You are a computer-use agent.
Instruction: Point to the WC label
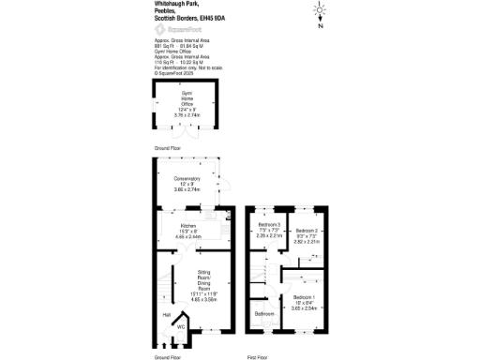point(182,326)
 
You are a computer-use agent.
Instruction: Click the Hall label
point(167,315)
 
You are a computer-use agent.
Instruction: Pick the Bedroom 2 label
point(307,231)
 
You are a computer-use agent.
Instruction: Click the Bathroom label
point(263,313)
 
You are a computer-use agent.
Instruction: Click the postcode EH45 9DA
point(231,19)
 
